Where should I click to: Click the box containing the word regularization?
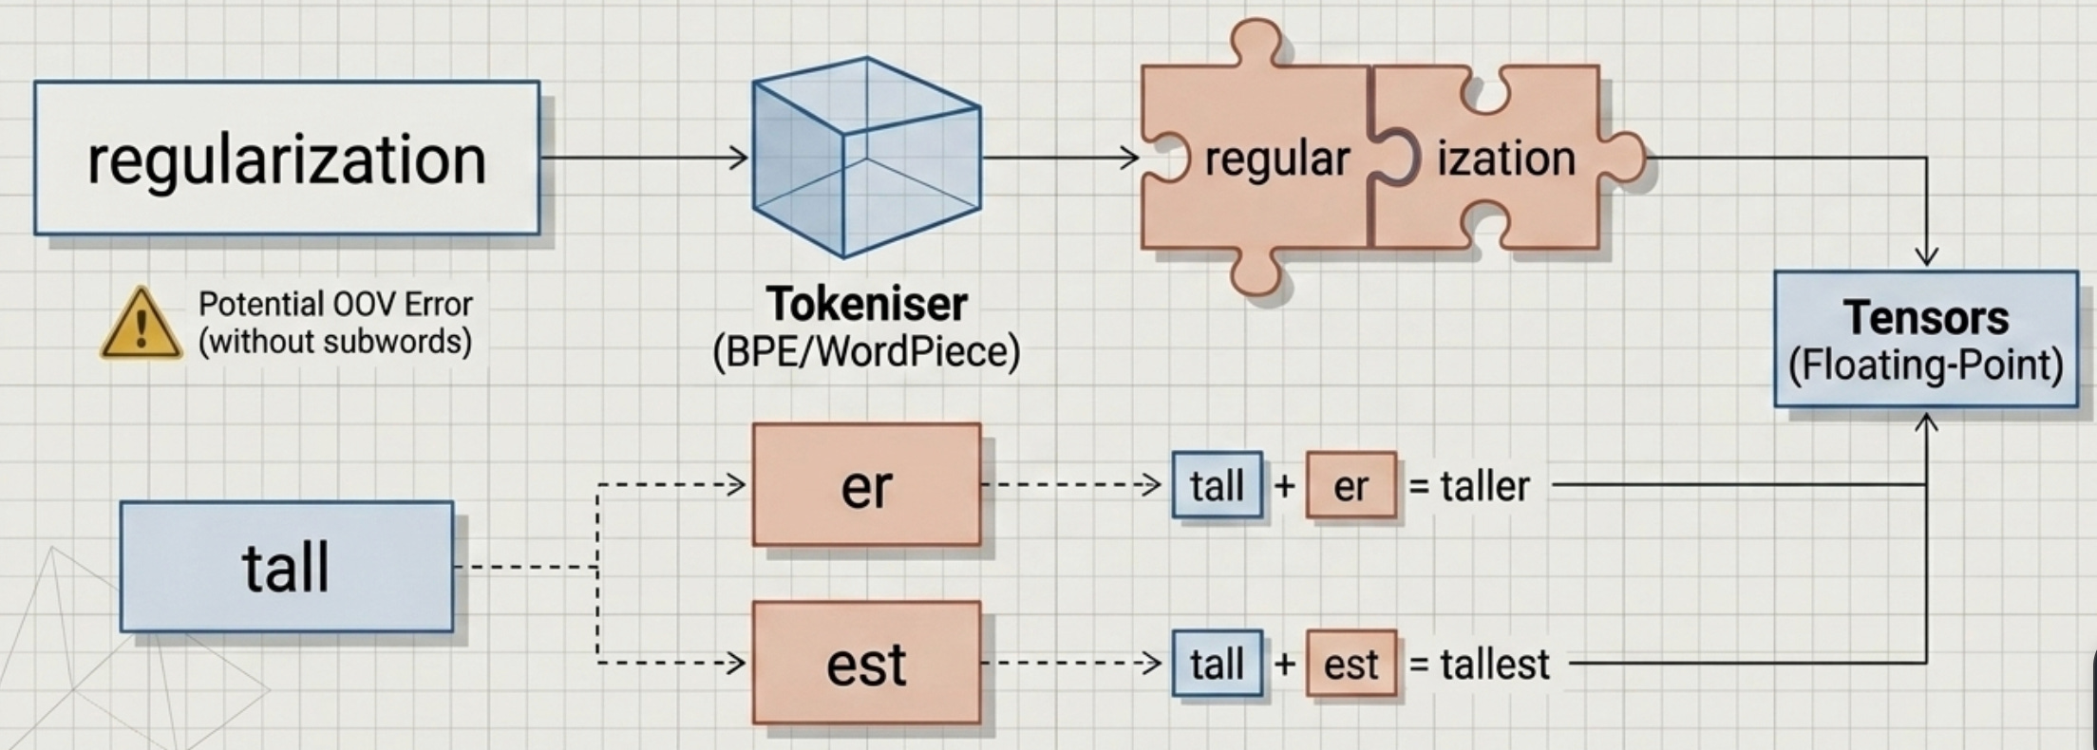point(287,158)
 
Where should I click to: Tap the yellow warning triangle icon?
point(142,326)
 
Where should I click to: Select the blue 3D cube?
point(865,158)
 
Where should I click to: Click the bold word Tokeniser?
point(866,305)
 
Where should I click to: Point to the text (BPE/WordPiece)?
point(866,352)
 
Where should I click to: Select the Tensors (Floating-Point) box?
point(1925,340)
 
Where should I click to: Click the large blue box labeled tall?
point(287,567)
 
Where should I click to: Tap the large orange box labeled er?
point(866,485)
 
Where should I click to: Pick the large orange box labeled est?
point(866,663)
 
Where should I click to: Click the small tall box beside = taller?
point(1217,485)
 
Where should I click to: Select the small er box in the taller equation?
point(1351,486)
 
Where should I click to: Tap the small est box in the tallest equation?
point(1351,664)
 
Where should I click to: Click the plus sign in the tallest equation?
point(1284,663)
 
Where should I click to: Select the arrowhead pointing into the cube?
point(740,158)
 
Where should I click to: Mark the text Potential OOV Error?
point(335,305)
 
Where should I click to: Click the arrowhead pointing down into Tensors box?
point(1926,257)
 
